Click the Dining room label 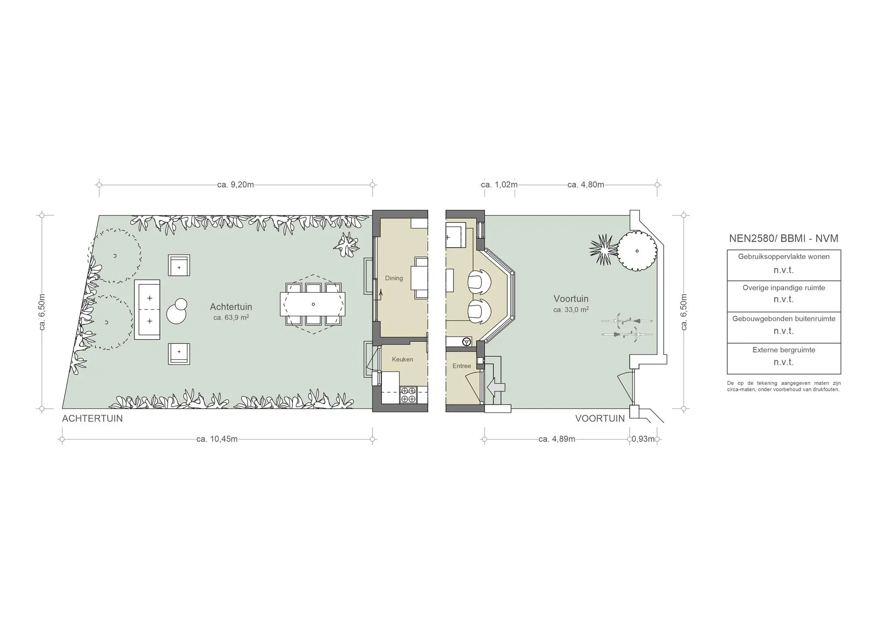[394, 278]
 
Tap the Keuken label [402, 359]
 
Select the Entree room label [462, 366]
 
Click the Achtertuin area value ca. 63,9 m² [231, 318]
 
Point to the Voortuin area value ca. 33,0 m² [571, 309]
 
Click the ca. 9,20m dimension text [236, 185]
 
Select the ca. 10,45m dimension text [217, 439]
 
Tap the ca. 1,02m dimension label [499, 185]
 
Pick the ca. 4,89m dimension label [556, 439]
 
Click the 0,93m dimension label [643, 439]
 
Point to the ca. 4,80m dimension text [586, 185]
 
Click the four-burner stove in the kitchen [408, 395]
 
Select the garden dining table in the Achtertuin [313, 304]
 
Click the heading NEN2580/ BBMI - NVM [783, 238]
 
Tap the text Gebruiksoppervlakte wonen [783, 257]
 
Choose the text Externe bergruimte [783, 350]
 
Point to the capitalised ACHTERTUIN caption [92, 418]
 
